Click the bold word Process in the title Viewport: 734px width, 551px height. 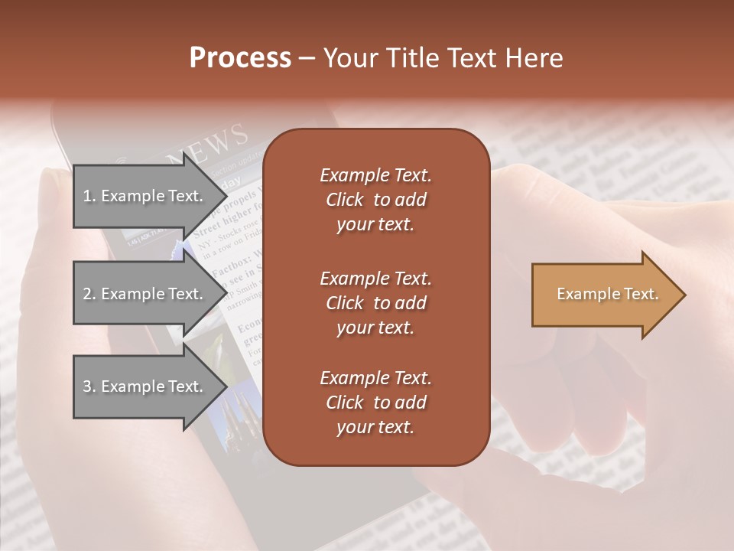point(240,58)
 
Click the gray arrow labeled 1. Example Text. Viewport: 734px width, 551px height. point(145,196)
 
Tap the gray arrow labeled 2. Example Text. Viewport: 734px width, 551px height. point(145,294)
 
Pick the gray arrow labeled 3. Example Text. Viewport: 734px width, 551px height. point(145,386)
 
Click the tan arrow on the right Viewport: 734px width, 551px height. point(604,294)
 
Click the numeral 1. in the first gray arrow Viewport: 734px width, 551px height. point(89,196)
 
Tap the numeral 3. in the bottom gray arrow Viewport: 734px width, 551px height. point(89,386)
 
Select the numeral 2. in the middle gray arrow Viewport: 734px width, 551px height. point(89,294)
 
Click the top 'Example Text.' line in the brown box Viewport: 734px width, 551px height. point(375,175)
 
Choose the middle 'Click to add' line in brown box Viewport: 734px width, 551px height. point(375,303)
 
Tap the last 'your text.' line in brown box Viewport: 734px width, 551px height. point(375,428)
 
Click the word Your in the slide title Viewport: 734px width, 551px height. point(346,58)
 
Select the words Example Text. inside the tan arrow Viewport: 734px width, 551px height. point(607,294)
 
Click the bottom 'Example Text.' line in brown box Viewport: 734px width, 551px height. point(375,378)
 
